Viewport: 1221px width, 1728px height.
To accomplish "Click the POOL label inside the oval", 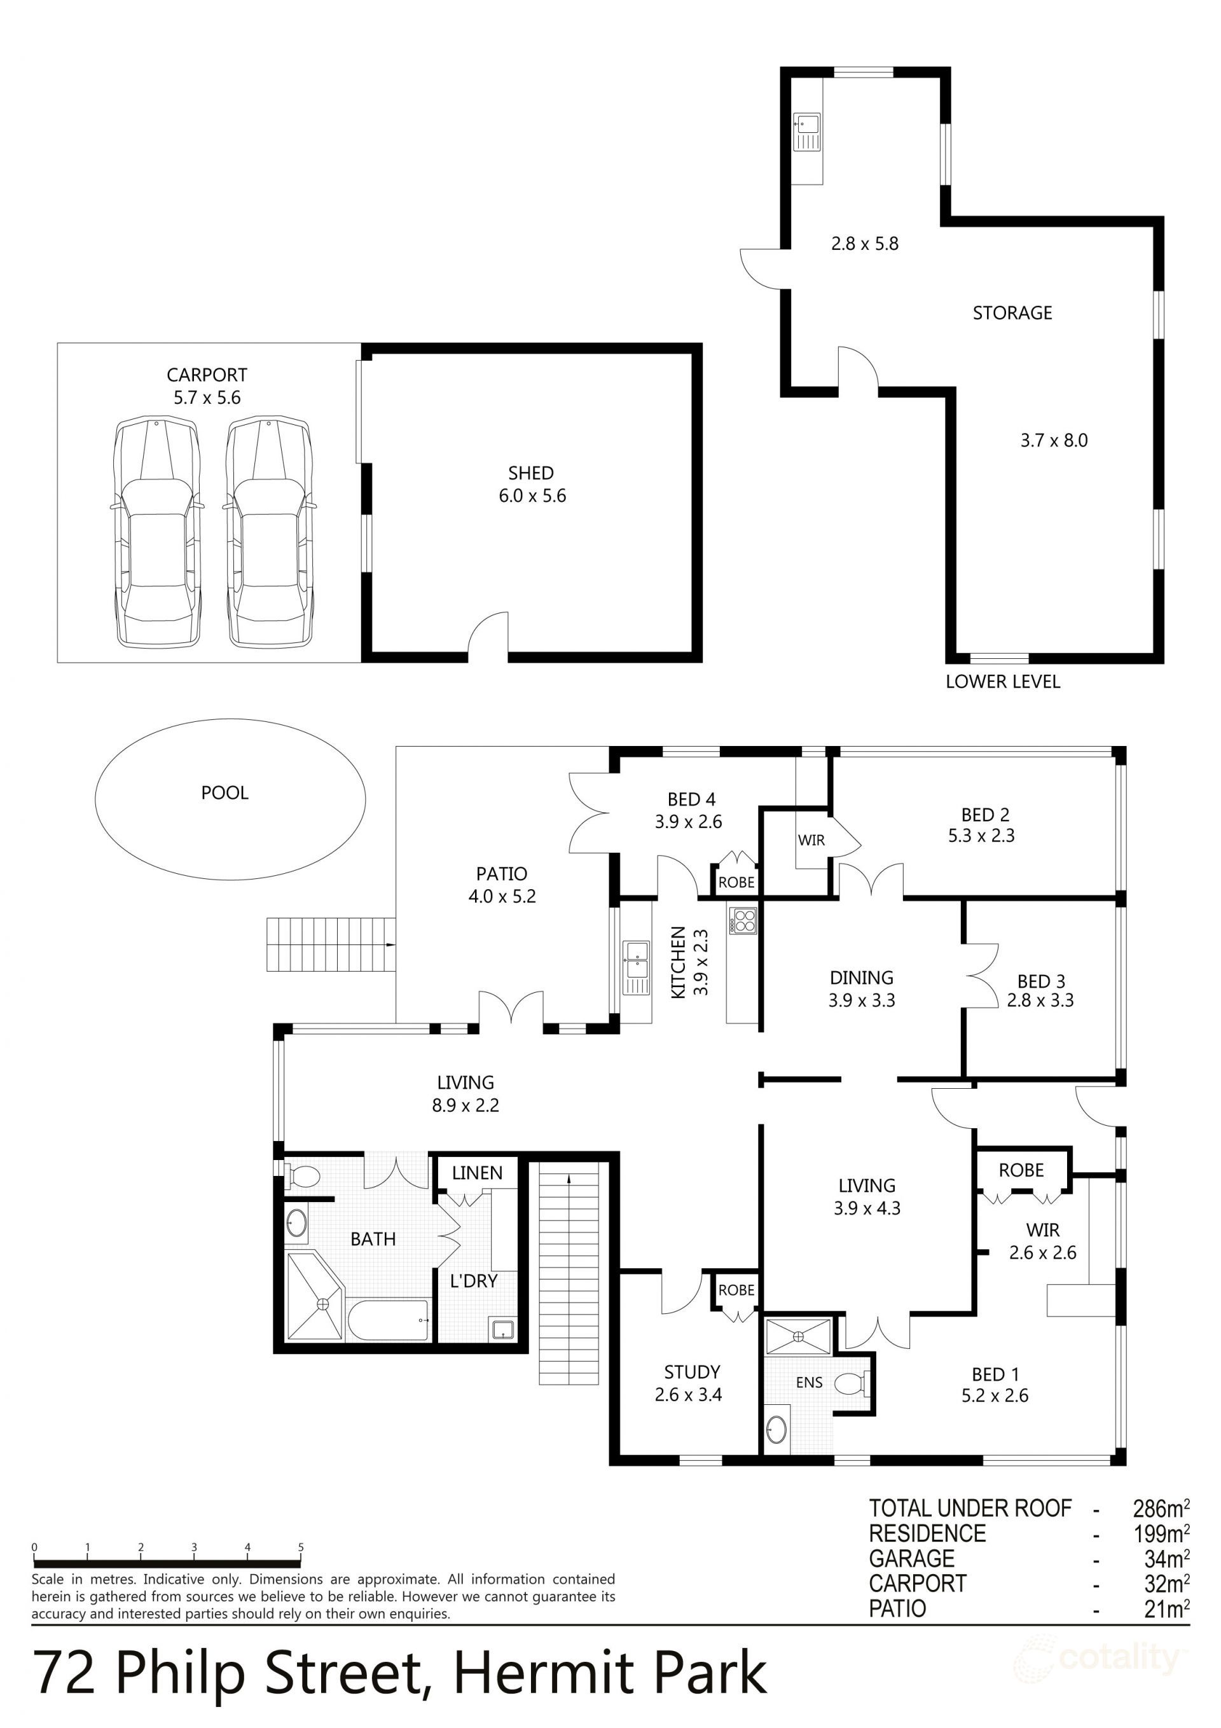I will (x=224, y=792).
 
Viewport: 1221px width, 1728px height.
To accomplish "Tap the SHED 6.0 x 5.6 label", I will (x=532, y=485).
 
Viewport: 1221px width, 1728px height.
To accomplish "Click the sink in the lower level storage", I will (x=808, y=132).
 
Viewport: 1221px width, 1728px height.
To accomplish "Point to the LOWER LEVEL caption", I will (x=1002, y=682).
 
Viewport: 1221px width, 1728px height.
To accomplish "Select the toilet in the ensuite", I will (x=853, y=1383).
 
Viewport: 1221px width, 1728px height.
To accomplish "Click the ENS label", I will (x=810, y=1383).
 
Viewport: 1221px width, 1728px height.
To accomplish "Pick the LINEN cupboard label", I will (x=477, y=1173).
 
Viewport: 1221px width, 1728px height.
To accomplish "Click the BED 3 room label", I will (x=1040, y=990).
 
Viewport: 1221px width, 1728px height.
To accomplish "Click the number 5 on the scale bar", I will (x=300, y=1547).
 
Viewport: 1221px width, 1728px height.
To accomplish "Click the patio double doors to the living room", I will (x=511, y=1009).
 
